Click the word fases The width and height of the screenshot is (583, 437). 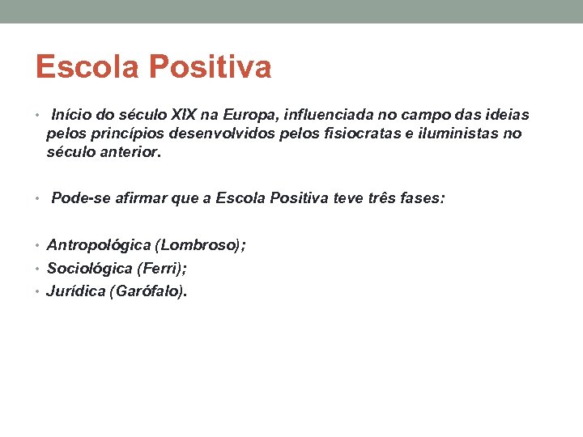424,197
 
